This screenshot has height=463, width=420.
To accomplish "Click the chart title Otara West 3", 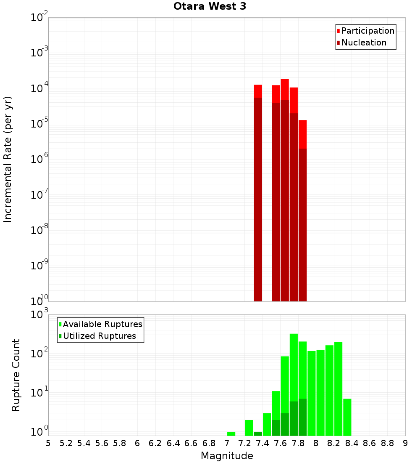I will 210,7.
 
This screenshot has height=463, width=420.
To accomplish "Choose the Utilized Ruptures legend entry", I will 99,336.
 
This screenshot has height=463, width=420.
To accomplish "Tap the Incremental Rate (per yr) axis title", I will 8,159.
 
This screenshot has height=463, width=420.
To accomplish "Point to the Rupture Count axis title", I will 16,375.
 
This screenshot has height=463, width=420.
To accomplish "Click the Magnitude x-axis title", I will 227,456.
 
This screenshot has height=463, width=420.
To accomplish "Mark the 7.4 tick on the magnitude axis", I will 262,443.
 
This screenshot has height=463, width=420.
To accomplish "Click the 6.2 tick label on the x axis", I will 155,443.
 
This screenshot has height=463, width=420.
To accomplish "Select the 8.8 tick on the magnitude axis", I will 387,443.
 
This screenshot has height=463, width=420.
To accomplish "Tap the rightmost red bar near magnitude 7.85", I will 302,210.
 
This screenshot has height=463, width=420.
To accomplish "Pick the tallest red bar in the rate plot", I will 285,189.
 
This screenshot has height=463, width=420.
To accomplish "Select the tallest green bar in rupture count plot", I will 294,379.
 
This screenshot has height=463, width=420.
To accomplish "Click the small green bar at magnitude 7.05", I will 231,434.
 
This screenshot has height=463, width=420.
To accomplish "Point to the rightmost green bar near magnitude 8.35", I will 347,417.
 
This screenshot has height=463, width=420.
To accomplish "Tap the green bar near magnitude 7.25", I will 249,428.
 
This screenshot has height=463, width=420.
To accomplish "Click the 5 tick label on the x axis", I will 48,443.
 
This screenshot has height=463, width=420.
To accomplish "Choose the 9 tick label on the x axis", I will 405,443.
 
